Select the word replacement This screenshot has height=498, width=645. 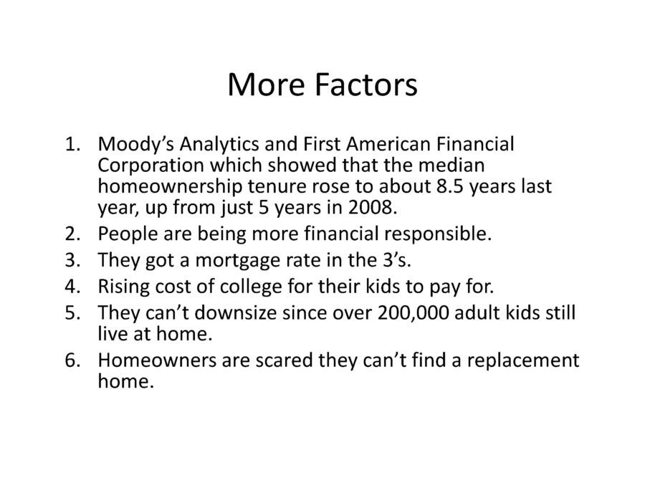[523, 361]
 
